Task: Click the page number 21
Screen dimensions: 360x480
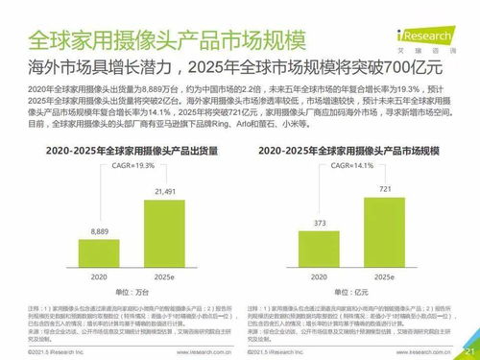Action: (x=469, y=350)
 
